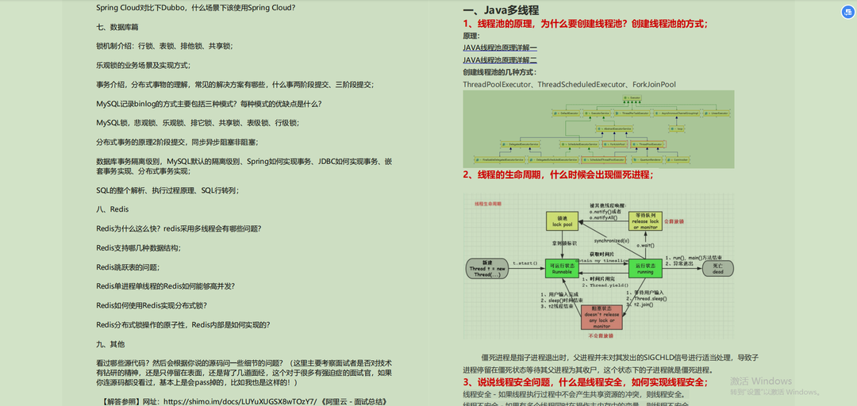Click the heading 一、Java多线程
click(501, 10)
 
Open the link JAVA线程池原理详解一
click(500, 48)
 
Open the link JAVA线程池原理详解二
click(500, 59)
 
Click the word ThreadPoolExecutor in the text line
click(498, 84)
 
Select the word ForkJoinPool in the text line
click(654, 84)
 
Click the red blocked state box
click(602, 316)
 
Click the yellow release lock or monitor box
click(650, 220)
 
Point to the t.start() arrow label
click(525, 262)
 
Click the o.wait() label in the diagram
click(644, 246)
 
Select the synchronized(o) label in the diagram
click(611, 240)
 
